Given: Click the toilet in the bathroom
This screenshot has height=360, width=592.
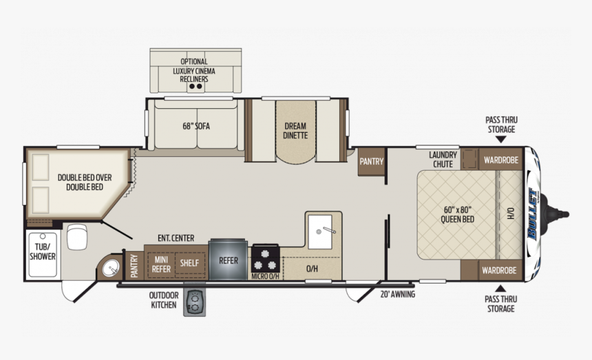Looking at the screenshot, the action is tap(77, 237).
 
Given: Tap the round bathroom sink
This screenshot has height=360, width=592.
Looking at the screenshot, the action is tap(110, 268).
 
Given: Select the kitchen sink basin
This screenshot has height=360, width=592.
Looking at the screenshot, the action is tap(320, 232).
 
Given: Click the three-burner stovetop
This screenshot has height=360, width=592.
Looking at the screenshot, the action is tap(266, 258).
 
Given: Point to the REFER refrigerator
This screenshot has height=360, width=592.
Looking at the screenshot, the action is tap(229, 260).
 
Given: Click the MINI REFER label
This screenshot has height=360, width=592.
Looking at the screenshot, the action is tap(161, 264).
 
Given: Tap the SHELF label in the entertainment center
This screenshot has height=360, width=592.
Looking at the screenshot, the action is tap(189, 263).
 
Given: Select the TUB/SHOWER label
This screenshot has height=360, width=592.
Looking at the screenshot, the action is tap(43, 252).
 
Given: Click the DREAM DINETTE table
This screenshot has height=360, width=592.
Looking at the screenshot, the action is tap(295, 131).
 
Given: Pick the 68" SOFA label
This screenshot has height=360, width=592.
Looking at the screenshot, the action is tap(196, 126).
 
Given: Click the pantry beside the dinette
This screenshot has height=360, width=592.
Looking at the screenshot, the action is tap(372, 162).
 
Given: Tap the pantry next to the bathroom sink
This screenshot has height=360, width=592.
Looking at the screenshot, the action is tap(134, 266).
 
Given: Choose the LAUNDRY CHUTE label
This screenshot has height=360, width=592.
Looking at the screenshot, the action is tap(443, 159).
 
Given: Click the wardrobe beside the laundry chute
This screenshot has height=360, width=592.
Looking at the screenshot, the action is tap(501, 160).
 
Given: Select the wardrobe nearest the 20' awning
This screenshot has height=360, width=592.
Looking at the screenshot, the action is tap(499, 271).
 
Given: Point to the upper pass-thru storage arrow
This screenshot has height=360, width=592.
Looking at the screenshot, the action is tap(501, 140).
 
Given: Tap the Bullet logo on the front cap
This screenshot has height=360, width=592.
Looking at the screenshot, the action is tap(533, 214).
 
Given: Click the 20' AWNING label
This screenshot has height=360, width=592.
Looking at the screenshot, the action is tap(398, 294).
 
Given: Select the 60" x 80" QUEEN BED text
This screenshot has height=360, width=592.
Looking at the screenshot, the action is tap(458, 214).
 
